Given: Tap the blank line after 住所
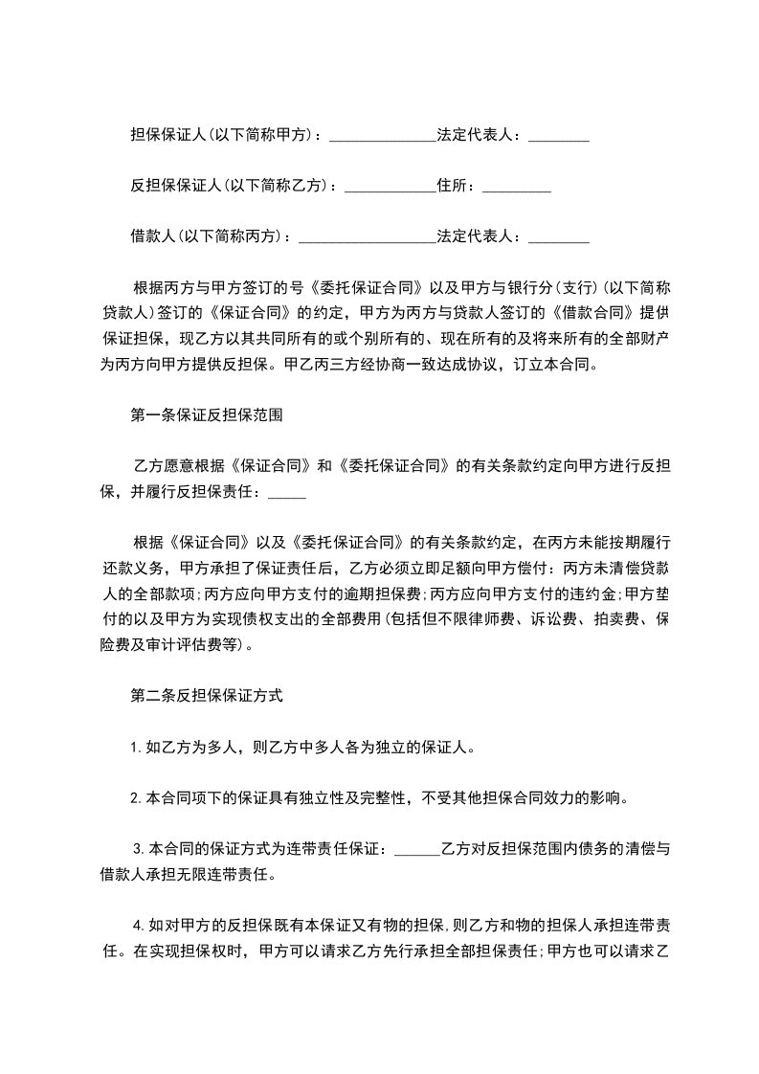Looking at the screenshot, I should coord(517,186).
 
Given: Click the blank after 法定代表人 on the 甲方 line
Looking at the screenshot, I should coord(559,136).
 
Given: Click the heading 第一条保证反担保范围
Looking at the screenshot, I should coord(205,416).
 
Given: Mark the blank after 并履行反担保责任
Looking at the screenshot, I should coord(288,493).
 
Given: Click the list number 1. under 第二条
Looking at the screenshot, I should coord(137,747).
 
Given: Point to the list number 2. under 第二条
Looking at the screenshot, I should coord(137,796).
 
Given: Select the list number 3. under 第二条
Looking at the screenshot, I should coord(140,848).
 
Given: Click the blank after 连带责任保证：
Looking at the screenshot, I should coord(416,848).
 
